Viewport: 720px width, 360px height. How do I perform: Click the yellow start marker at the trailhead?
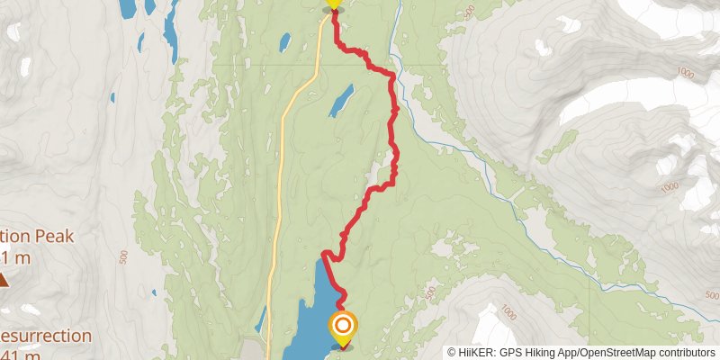point(333,4)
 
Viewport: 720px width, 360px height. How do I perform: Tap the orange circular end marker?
point(343,326)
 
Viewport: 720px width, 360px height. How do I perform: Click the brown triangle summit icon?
point(4,280)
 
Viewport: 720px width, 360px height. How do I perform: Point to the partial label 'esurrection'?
point(46,337)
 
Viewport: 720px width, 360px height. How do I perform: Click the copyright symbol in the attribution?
point(453,353)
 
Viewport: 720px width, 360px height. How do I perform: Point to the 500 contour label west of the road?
point(123,256)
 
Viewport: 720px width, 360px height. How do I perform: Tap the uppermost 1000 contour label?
point(688,72)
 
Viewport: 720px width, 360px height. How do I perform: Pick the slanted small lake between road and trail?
point(340,101)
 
